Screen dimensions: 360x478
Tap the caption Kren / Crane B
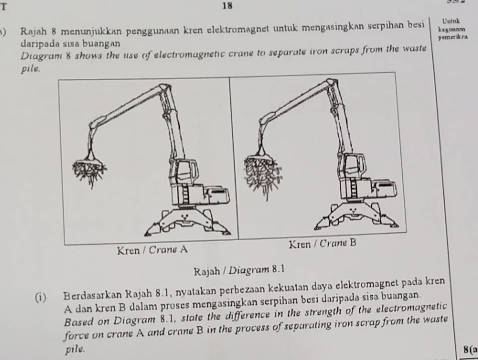point(323,244)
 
